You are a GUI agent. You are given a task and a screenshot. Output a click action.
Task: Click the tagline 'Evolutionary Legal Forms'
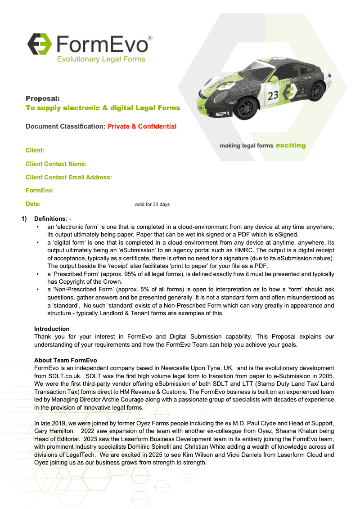(100, 59)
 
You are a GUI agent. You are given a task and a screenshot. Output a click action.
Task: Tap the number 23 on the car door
(273, 95)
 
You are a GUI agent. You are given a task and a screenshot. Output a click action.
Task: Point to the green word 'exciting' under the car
(290, 146)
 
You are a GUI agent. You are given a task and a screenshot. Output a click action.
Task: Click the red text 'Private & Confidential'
(142, 126)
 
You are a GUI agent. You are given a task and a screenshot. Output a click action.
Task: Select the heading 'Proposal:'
(43, 98)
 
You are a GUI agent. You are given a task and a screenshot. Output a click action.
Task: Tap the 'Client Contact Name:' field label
(56, 164)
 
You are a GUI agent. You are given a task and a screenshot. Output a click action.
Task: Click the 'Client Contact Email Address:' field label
(69, 178)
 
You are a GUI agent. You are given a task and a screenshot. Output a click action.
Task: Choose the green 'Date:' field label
(33, 204)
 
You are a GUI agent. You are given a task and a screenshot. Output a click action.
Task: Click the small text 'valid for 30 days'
(152, 205)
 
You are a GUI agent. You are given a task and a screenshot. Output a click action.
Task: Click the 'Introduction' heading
(52, 329)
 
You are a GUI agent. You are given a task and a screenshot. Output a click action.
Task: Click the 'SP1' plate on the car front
(223, 114)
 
